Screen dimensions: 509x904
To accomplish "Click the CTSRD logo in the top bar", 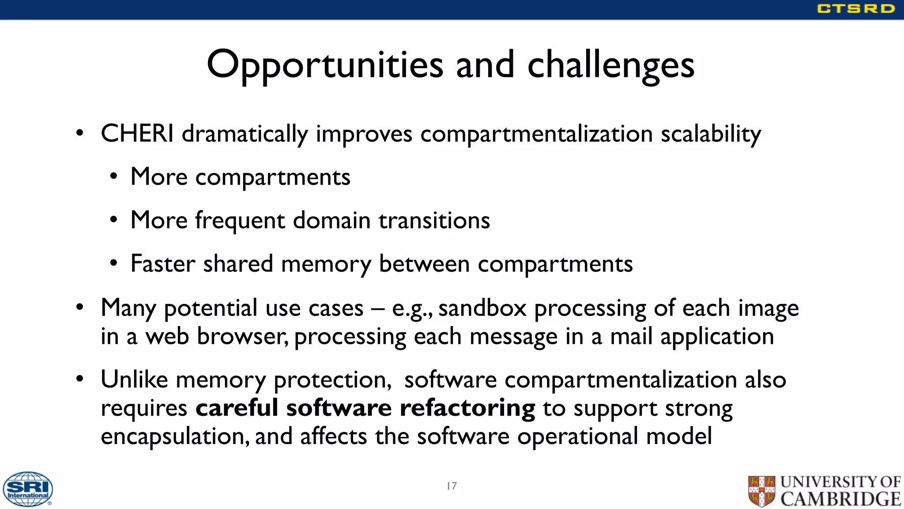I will [855, 9].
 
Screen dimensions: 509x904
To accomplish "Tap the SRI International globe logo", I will [28, 489].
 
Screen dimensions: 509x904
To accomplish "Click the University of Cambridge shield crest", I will [761, 490].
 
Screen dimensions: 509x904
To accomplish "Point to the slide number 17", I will [452, 486].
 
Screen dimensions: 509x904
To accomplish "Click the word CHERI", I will [137, 133].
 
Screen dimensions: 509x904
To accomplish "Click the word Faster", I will [163, 264].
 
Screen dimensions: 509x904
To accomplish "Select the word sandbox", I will [482, 308].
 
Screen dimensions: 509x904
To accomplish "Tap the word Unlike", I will [134, 380].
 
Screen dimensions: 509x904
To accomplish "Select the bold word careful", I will [237, 408].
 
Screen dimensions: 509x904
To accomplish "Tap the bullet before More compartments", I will [114, 177].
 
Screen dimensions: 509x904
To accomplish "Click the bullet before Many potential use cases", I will [79, 307].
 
